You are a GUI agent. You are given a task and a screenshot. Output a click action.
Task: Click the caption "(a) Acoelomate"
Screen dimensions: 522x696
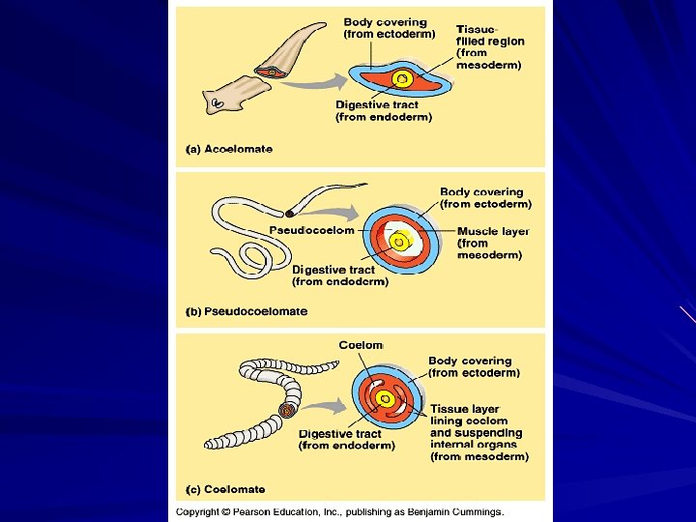229,150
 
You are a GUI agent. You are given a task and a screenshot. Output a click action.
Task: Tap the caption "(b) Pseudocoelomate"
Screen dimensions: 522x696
246,311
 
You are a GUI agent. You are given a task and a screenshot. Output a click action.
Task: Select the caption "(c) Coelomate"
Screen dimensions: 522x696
225,489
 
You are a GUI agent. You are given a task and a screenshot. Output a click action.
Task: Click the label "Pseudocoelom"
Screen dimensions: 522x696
311,230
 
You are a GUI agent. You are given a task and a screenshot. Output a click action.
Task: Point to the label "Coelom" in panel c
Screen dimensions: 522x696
361,345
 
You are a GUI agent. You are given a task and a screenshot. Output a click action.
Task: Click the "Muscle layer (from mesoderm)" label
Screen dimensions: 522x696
493,243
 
